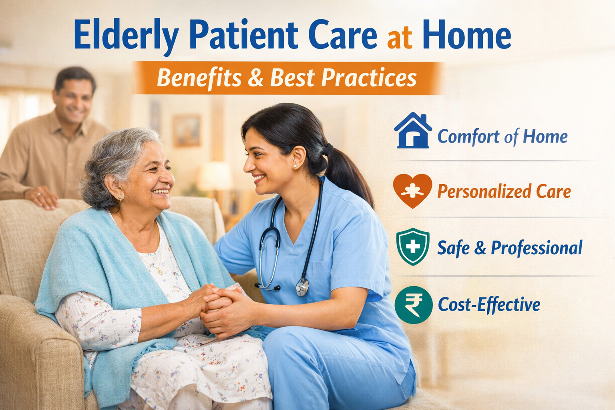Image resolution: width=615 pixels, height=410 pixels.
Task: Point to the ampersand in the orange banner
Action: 255,78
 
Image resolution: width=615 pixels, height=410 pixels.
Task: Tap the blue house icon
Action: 412,131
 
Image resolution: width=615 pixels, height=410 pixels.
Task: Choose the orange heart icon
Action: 412,191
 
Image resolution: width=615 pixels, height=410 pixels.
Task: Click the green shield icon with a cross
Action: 412,247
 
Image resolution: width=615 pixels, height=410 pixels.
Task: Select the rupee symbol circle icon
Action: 413,305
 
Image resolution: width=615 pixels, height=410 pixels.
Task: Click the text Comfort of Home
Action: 502,137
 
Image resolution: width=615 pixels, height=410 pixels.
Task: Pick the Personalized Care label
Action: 504,191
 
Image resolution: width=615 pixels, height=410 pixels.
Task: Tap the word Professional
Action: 537,248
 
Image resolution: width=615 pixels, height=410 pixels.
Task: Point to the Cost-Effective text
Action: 489,305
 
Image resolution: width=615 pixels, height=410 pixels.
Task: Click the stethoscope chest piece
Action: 302,286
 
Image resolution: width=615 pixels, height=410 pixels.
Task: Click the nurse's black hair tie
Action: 328,149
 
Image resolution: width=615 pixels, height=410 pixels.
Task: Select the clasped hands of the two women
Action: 216,306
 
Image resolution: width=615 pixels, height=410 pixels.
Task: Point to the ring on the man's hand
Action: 38,194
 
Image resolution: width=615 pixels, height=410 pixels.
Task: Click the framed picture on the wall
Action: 187,131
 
